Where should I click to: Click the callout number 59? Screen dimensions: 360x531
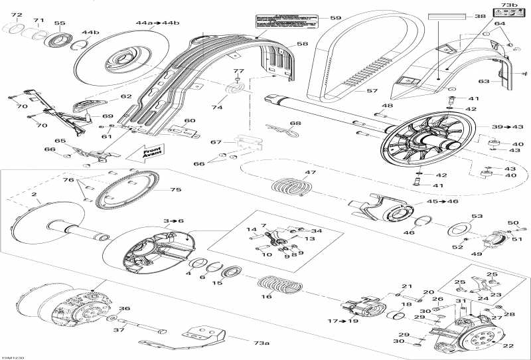[x=335, y=18]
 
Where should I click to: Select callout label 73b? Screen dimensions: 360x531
[x=508, y=6]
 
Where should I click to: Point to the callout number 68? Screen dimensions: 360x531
[x=294, y=123]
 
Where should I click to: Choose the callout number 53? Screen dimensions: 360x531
[x=477, y=217]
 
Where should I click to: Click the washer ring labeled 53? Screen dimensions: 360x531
[x=457, y=229]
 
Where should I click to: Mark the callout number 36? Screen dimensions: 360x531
[x=123, y=309]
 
